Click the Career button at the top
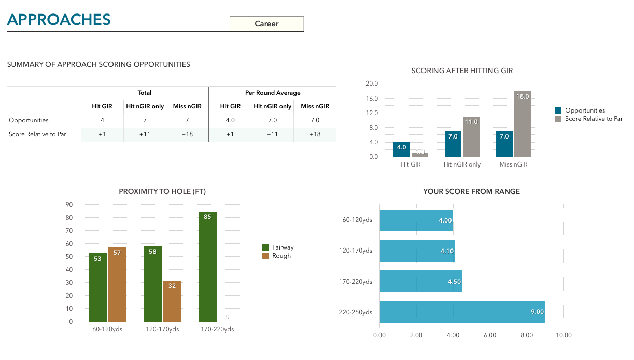(x=266, y=24)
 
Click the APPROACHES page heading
(x=59, y=20)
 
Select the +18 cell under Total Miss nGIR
(x=187, y=134)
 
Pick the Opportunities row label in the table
(x=29, y=120)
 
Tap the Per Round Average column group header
(x=273, y=93)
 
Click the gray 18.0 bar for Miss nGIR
(x=522, y=124)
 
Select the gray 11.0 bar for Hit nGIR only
(x=471, y=137)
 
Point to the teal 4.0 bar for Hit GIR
(x=402, y=149)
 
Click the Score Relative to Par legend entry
(x=594, y=119)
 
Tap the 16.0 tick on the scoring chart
(x=372, y=99)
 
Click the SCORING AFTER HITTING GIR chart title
(x=462, y=71)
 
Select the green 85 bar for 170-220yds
(x=207, y=267)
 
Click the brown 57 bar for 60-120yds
(x=117, y=284)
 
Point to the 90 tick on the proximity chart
(x=69, y=204)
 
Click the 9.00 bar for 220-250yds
(x=462, y=312)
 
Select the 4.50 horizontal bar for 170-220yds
(x=420, y=281)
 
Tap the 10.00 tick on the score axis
(x=563, y=335)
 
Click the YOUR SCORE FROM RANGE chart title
(x=471, y=191)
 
